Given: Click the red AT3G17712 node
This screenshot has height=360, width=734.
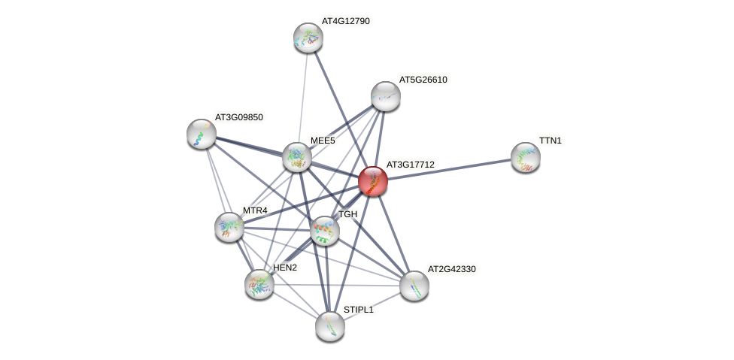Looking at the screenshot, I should click(x=372, y=181).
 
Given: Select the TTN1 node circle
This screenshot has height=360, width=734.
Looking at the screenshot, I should click(x=526, y=157).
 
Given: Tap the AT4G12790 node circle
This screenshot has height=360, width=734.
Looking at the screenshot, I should click(x=308, y=38).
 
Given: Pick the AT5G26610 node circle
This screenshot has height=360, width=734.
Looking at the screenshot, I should click(x=385, y=96).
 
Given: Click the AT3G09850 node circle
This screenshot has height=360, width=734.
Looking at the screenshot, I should click(x=202, y=134).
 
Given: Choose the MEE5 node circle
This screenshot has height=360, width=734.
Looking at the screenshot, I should click(x=297, y=157).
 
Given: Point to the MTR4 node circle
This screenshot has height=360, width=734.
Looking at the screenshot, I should click(x=229, y=226).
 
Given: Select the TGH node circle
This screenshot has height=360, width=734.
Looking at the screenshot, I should click(x=325, y=231).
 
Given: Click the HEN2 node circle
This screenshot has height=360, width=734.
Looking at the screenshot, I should click(x=259, y=283).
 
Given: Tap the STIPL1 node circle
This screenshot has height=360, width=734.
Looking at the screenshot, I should click(x=329, y=325).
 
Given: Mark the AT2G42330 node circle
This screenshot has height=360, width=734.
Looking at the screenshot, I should click(x=414, y=286).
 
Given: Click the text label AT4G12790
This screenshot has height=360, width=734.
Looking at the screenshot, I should click(x=346, y=21).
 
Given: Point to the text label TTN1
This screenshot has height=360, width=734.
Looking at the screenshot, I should click(x=550, y=141).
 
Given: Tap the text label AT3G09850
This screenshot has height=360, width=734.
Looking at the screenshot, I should click(x=239, y=117).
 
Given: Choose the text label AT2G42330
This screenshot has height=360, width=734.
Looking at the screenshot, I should click(x=451, y=269).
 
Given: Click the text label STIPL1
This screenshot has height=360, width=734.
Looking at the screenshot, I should click(x=358, y=310).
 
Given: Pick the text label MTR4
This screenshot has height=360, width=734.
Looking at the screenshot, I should click(x=255, y=210).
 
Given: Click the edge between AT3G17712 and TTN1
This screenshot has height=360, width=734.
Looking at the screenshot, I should click(x=449, y=169).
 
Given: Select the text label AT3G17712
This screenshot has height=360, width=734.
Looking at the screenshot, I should click(x=410, y=165).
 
